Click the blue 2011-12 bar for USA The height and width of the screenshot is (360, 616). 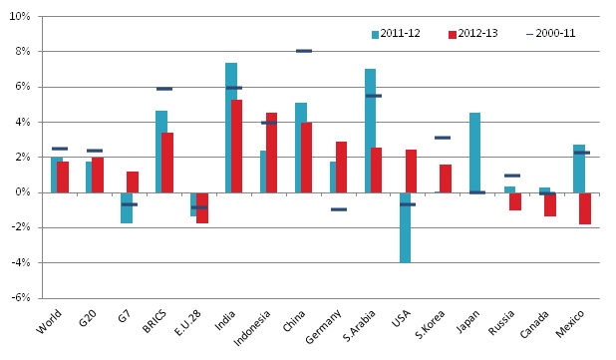[405, 227]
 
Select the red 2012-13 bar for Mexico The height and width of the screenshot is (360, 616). [585, 207]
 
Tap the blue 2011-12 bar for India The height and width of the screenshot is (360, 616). [230, 128]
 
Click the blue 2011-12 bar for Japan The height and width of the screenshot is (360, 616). [474, 153]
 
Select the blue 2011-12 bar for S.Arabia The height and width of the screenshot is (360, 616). [370, 131]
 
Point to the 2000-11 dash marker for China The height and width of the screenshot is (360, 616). [304, 51]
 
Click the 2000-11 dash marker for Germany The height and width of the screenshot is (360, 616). [339, 209]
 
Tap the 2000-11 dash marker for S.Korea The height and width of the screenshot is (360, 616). [443, 138]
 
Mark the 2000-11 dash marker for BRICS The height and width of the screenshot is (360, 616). [164, 89]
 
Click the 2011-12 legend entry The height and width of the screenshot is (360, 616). [396, 33]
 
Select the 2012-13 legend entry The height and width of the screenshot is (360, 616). [472, 33]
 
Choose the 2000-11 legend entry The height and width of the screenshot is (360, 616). [550, 33]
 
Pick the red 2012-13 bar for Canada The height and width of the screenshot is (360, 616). [550, 204]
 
